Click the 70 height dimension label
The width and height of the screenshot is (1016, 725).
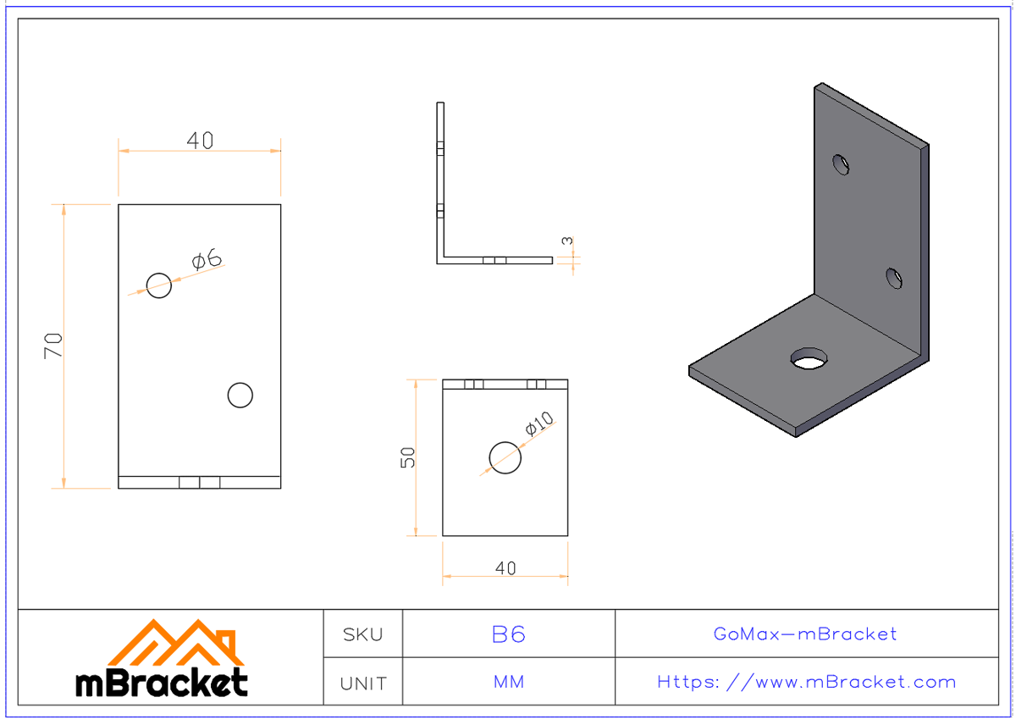54,346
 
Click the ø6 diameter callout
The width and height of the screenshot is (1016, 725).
207,260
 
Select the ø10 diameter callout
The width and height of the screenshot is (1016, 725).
538,423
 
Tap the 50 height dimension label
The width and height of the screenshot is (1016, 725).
409,458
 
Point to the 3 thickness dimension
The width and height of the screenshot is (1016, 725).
567,242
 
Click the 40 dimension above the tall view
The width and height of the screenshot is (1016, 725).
200,141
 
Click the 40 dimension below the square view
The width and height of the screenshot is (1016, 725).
505,568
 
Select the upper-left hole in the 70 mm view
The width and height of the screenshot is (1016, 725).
159,285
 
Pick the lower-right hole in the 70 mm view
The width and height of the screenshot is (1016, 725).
240,395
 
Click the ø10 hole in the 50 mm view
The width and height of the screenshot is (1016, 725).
505,458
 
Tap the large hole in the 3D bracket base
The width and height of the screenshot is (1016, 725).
809,359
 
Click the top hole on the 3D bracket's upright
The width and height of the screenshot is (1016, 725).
841,163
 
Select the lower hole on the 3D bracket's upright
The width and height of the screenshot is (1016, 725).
894,277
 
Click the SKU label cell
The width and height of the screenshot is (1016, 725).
362,634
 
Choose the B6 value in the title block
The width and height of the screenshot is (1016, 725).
509,634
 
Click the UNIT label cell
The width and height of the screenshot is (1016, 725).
362,683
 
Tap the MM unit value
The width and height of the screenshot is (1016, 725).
509,683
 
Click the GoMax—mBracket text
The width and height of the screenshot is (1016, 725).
805,634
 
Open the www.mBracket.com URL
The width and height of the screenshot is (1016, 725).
806,683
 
